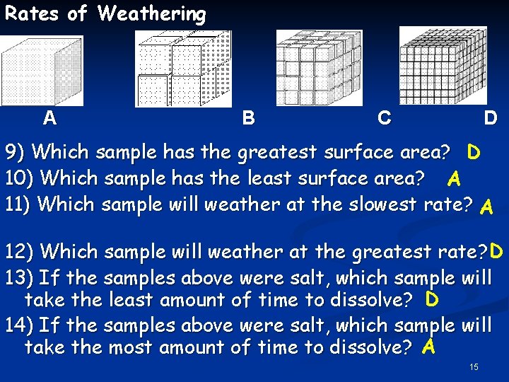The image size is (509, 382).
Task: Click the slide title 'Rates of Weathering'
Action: tap(105, 13)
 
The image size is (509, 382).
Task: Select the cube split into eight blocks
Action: tap(183, 68)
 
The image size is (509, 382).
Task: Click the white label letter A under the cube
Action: tap(49, 117)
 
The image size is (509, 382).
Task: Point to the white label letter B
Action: tap(248, 117)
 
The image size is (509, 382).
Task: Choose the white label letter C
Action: tap(384, 117)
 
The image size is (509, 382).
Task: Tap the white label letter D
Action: tap(490, 117)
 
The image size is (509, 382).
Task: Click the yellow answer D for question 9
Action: tap(474, 152)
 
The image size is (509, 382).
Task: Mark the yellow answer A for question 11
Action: tap(486, 206)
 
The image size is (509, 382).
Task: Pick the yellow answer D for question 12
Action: tap(496, 251)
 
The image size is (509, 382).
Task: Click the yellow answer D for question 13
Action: tap(432, 300)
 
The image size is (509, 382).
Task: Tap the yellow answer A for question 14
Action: tap(427, 347)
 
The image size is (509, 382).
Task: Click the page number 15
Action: tap(474, 367)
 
